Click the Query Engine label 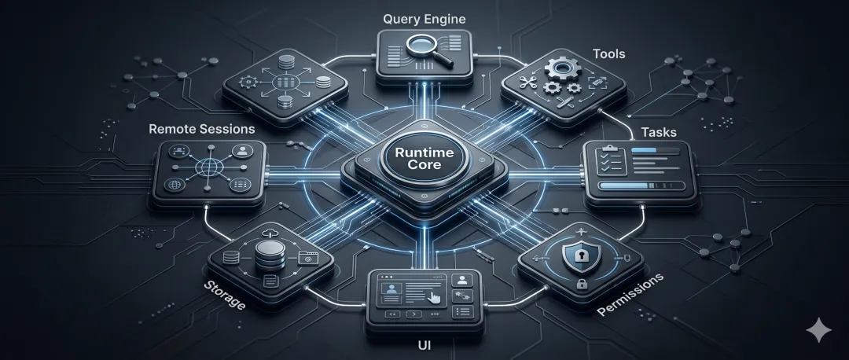pos(423,18)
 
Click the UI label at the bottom pos(424,343)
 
